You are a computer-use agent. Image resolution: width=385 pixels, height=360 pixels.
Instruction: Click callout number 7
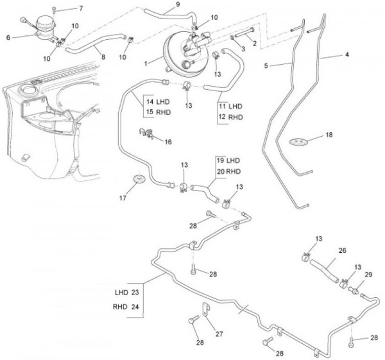pos(81,8)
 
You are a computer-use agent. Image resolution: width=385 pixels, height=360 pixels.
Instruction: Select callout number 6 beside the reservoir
pos(8,38)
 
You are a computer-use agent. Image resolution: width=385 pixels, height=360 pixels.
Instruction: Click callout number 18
pos(329,136)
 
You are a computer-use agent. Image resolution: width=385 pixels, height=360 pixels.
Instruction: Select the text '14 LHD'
pos(158,102)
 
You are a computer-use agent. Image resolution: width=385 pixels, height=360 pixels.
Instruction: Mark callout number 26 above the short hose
pos(342,250)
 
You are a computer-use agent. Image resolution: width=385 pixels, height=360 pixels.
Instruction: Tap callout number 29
pos(368,274)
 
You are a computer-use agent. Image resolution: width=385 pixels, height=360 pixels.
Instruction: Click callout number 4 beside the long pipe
pos(346,55)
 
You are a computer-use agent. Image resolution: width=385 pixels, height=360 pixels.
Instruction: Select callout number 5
pos(266,65)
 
